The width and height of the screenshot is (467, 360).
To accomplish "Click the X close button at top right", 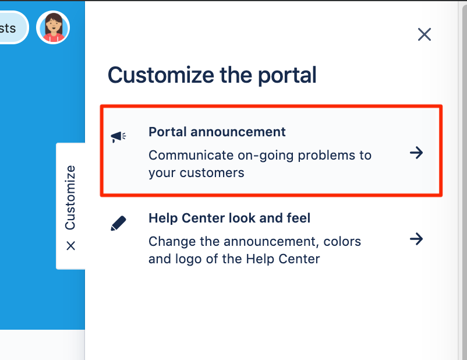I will pos(424,34).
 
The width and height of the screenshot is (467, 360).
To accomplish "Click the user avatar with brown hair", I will pos(53,27).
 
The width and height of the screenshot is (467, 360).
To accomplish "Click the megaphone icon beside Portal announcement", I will pos(118,137).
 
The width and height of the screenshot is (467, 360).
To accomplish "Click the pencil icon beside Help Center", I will pos(118,223).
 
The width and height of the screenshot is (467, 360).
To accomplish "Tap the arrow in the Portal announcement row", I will pos(416,153).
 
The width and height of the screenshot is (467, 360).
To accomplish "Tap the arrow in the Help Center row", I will pos(416,239).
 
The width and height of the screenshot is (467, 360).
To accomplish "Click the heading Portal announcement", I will pos(217,132).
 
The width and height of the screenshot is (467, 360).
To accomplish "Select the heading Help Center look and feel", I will pos(229,218).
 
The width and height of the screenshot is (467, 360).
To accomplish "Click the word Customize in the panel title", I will pos(158,76).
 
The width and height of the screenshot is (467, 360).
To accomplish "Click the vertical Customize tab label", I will pos(70,197).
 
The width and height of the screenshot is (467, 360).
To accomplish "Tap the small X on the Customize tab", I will pos(70,246).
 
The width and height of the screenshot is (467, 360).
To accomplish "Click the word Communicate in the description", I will pos(185,156).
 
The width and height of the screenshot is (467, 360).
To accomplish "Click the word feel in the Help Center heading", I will pos(298,218).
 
